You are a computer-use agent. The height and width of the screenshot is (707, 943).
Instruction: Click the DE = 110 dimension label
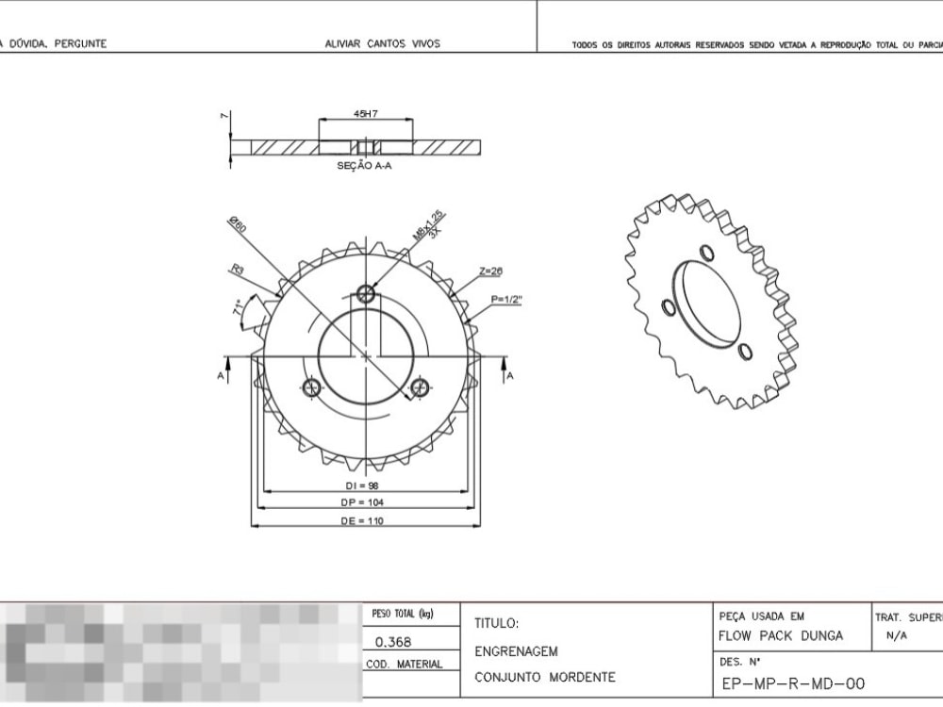pos(362,520)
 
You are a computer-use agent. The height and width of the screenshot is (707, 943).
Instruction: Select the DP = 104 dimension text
pos(362,503)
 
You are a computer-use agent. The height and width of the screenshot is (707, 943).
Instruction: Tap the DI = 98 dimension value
pos(362,486)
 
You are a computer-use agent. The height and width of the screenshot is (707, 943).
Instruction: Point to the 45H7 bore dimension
pos(366,114)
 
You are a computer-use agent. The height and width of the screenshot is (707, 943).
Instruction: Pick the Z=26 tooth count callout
pos(490,271)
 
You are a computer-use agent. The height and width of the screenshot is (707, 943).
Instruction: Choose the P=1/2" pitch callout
pos(506,300)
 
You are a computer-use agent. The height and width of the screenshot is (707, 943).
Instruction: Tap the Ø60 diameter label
pos(237,226)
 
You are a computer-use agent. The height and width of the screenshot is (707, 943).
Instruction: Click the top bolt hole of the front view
pos(367,294)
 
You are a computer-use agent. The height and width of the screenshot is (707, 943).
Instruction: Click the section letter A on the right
pos(510,377)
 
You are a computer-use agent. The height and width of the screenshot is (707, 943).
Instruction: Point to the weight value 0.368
pos(392,643)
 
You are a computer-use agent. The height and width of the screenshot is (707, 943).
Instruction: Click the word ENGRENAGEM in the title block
pos(516,651)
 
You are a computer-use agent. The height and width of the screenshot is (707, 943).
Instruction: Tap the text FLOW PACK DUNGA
pos(780,635)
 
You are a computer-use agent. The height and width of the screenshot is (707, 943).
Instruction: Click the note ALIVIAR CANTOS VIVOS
pos(382,43)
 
